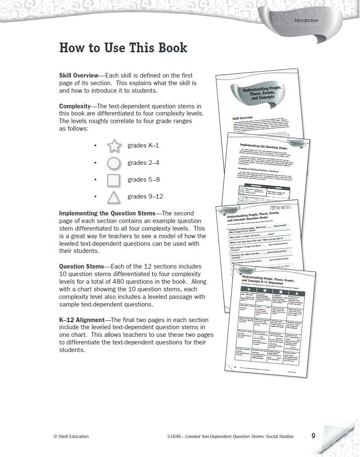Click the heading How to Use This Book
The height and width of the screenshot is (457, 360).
click(x=123, y=48)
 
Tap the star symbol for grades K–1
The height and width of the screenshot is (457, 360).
click(x=114, y=146)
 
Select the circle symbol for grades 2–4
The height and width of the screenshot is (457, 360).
click(x=114, y=163)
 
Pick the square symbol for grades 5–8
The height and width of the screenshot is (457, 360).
click(x=114, y=180)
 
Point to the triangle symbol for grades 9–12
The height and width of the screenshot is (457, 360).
click(x=114, y=197)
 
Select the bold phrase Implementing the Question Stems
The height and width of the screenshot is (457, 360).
click(x=107, y=213)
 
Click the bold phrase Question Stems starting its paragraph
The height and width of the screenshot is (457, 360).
click(x=81, y=266)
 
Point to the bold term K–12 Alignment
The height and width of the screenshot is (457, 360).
click(x=81, y=320)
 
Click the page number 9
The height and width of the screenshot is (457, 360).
click(x=313, y=436)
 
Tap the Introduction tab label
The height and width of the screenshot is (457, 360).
click(x=306, y=20)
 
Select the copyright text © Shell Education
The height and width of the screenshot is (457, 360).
click(x=71, y=437)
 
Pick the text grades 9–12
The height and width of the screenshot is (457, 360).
click(x=145, y=197)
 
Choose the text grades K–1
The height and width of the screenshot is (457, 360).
click(x=143, y=146)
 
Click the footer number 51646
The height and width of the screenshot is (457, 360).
click(x=174, y=437)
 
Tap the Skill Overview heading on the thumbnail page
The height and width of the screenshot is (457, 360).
click(x=243, y=118)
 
